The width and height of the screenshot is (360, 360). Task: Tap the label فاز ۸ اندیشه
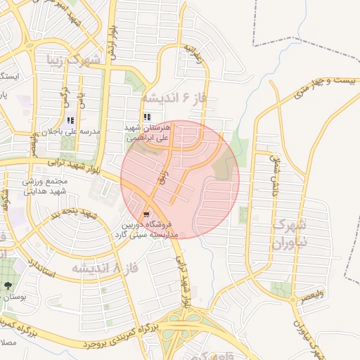(x=103, y=268)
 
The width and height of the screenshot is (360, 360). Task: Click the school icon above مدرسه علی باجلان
(x=70, y=121)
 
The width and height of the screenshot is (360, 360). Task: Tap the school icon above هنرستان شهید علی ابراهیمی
(x=147, y=117)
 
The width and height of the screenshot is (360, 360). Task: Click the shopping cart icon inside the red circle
(x=146, y=214)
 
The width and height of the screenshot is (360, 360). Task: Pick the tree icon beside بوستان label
(x=8, y=285)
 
